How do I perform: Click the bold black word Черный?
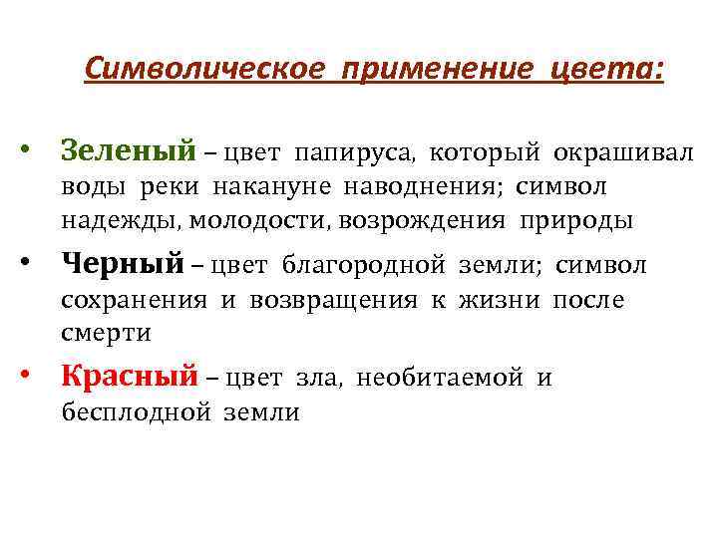pyautogui.click(x=123, y=265)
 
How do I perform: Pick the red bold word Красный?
pyautogui.click(x=130, y=378)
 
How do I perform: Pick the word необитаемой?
pyautogui.click(x=440, y=379)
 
